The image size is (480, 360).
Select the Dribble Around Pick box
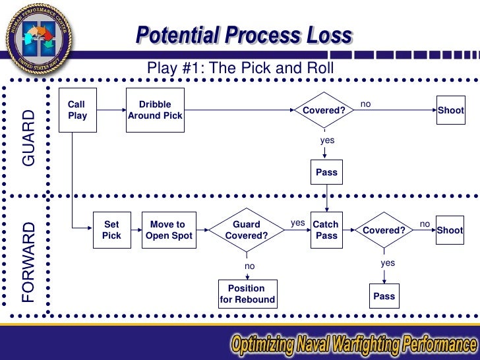tap(155, 110)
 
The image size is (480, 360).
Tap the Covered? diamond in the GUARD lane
tap(324, 110)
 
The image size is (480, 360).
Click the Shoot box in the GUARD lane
tap(450, 110)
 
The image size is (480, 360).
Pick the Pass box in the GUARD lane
tap(326, 173)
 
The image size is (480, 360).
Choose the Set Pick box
tap(111, 230)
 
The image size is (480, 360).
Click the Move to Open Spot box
tap(167, 230)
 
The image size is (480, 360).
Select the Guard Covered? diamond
tap(246, 230)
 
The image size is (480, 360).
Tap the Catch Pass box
tap(326, 230)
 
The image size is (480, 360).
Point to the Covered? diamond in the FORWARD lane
tap(384, 230)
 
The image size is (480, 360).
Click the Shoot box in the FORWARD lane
tap(450, 230)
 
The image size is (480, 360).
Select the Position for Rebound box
tap(247, 294)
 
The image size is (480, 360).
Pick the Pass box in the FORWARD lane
tap(384, 296)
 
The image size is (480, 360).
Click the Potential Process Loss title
tap(244, 36)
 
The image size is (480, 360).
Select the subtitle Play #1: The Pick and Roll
tap(241, 69)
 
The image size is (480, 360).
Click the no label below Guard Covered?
tap(249, 266)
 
